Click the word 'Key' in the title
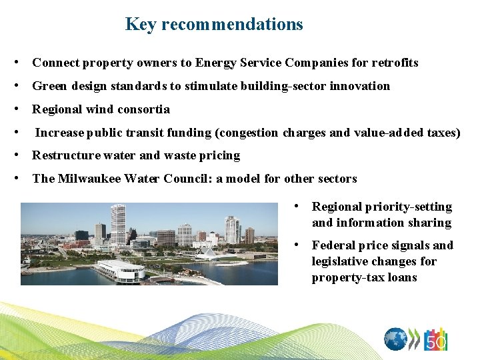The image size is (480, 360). [140, 25]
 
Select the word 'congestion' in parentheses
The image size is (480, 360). [247, 133]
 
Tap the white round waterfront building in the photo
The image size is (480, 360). [121, 271]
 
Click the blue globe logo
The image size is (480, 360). [396, 339]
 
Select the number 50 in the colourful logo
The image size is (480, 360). [436, 342]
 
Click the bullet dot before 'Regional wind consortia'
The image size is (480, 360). [23, 109]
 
